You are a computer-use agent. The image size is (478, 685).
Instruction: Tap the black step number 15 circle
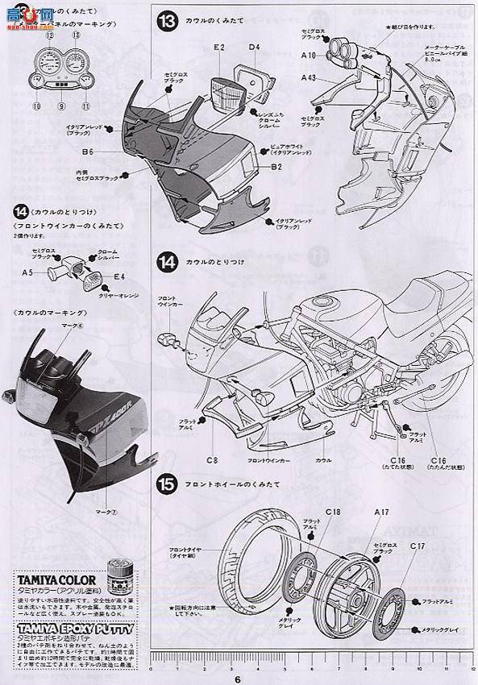click(167, 485)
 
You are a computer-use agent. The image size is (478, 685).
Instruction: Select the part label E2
click(218, 48)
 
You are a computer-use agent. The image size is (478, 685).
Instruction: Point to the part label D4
click(254, 48)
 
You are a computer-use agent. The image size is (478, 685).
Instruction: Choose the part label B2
click(276, 167)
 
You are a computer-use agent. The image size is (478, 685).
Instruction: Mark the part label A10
click(309, 55)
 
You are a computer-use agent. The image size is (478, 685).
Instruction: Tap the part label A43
click(309, 77)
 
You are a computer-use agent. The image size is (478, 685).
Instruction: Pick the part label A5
click(27, 272)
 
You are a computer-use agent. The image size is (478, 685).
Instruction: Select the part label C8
click(211, 460)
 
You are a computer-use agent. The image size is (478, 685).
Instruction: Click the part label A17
click(381, 513)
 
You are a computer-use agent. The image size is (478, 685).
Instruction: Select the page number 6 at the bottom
click(239, 678)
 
